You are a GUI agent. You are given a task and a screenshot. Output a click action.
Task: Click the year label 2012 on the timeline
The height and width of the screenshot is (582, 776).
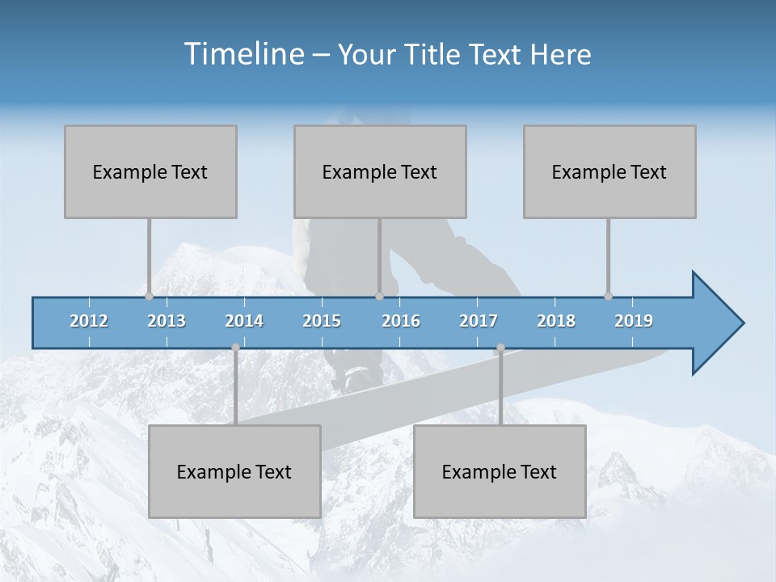[89, 321]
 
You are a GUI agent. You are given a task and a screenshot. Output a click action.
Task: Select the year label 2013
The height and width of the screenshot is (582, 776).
[167, 321]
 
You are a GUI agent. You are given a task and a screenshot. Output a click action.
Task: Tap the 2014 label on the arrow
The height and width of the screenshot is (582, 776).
[244, 321]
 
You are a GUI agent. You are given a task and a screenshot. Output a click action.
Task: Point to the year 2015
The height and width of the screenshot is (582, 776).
[322, 321]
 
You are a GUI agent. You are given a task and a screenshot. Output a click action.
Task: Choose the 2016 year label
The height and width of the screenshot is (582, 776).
[401, 321]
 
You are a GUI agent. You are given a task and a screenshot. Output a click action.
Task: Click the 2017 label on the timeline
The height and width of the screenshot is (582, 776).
[479, 321]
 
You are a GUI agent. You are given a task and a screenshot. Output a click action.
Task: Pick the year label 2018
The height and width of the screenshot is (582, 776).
[556, 321]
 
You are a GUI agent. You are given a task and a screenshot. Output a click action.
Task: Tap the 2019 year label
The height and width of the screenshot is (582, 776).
[634, 321]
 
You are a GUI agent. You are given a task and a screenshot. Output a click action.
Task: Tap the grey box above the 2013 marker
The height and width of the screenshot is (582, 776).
[150, 171]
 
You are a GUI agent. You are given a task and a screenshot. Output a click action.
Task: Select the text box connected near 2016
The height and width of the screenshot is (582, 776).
[380, 171]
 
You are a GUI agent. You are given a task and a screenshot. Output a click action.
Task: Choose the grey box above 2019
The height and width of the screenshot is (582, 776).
[609, 171]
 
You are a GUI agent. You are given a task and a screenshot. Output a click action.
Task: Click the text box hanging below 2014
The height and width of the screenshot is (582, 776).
[234, 471]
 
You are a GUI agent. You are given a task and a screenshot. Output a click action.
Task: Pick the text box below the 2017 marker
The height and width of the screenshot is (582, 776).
[500, 471]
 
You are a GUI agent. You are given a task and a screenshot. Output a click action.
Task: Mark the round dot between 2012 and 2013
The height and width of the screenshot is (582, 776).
[149, 296]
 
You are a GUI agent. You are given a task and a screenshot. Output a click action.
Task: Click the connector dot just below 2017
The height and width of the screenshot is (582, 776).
[500, 348]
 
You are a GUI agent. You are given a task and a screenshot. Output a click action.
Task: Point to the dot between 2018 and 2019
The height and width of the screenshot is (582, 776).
[608, 296]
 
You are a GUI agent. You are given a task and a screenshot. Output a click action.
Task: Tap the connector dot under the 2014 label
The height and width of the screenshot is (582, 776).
[235, 348]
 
